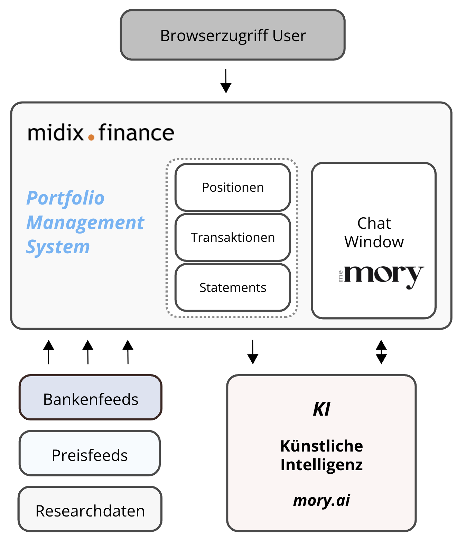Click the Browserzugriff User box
(233, 35)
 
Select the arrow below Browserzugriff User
(226, 81)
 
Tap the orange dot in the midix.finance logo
(91, 137)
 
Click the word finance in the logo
(136, 133)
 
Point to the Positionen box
(233, 188)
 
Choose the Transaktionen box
(233, 238)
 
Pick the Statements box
(233, 287)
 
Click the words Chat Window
(374, 233)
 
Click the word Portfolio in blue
(65, 198)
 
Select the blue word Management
(85, 222)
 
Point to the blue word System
(58, 247)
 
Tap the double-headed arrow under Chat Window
(381, 352)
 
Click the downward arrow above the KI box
(253, 352)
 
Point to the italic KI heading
(321, 409)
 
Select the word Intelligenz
(321, 465)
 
